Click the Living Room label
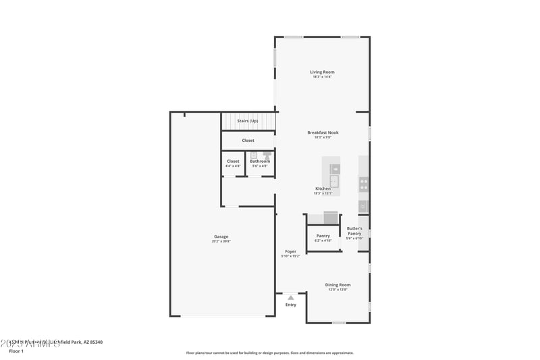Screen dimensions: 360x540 [322, 72]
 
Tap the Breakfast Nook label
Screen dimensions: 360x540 [323, 132]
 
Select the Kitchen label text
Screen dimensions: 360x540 [323, 188]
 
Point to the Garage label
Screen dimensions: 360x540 [221, 236]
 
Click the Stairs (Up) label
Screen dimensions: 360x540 [247, 121]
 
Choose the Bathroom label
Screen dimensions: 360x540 [260, 161]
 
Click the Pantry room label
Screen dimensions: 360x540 [323, 236]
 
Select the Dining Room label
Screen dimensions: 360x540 [337, 285]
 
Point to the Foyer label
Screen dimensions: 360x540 [290, 251]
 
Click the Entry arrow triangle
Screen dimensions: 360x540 [290, 297]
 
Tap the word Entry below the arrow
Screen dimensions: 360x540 [290, 305]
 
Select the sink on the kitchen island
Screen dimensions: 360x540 [334, 181]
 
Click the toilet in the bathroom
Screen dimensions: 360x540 [267, 155]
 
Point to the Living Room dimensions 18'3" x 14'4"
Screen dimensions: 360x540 [322, 77]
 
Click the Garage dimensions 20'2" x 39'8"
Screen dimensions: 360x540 [221, 242]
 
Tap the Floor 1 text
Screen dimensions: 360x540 [16, 351]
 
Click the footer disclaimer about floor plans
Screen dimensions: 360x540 [269, 353]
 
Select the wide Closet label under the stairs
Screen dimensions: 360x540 [248, 140]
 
